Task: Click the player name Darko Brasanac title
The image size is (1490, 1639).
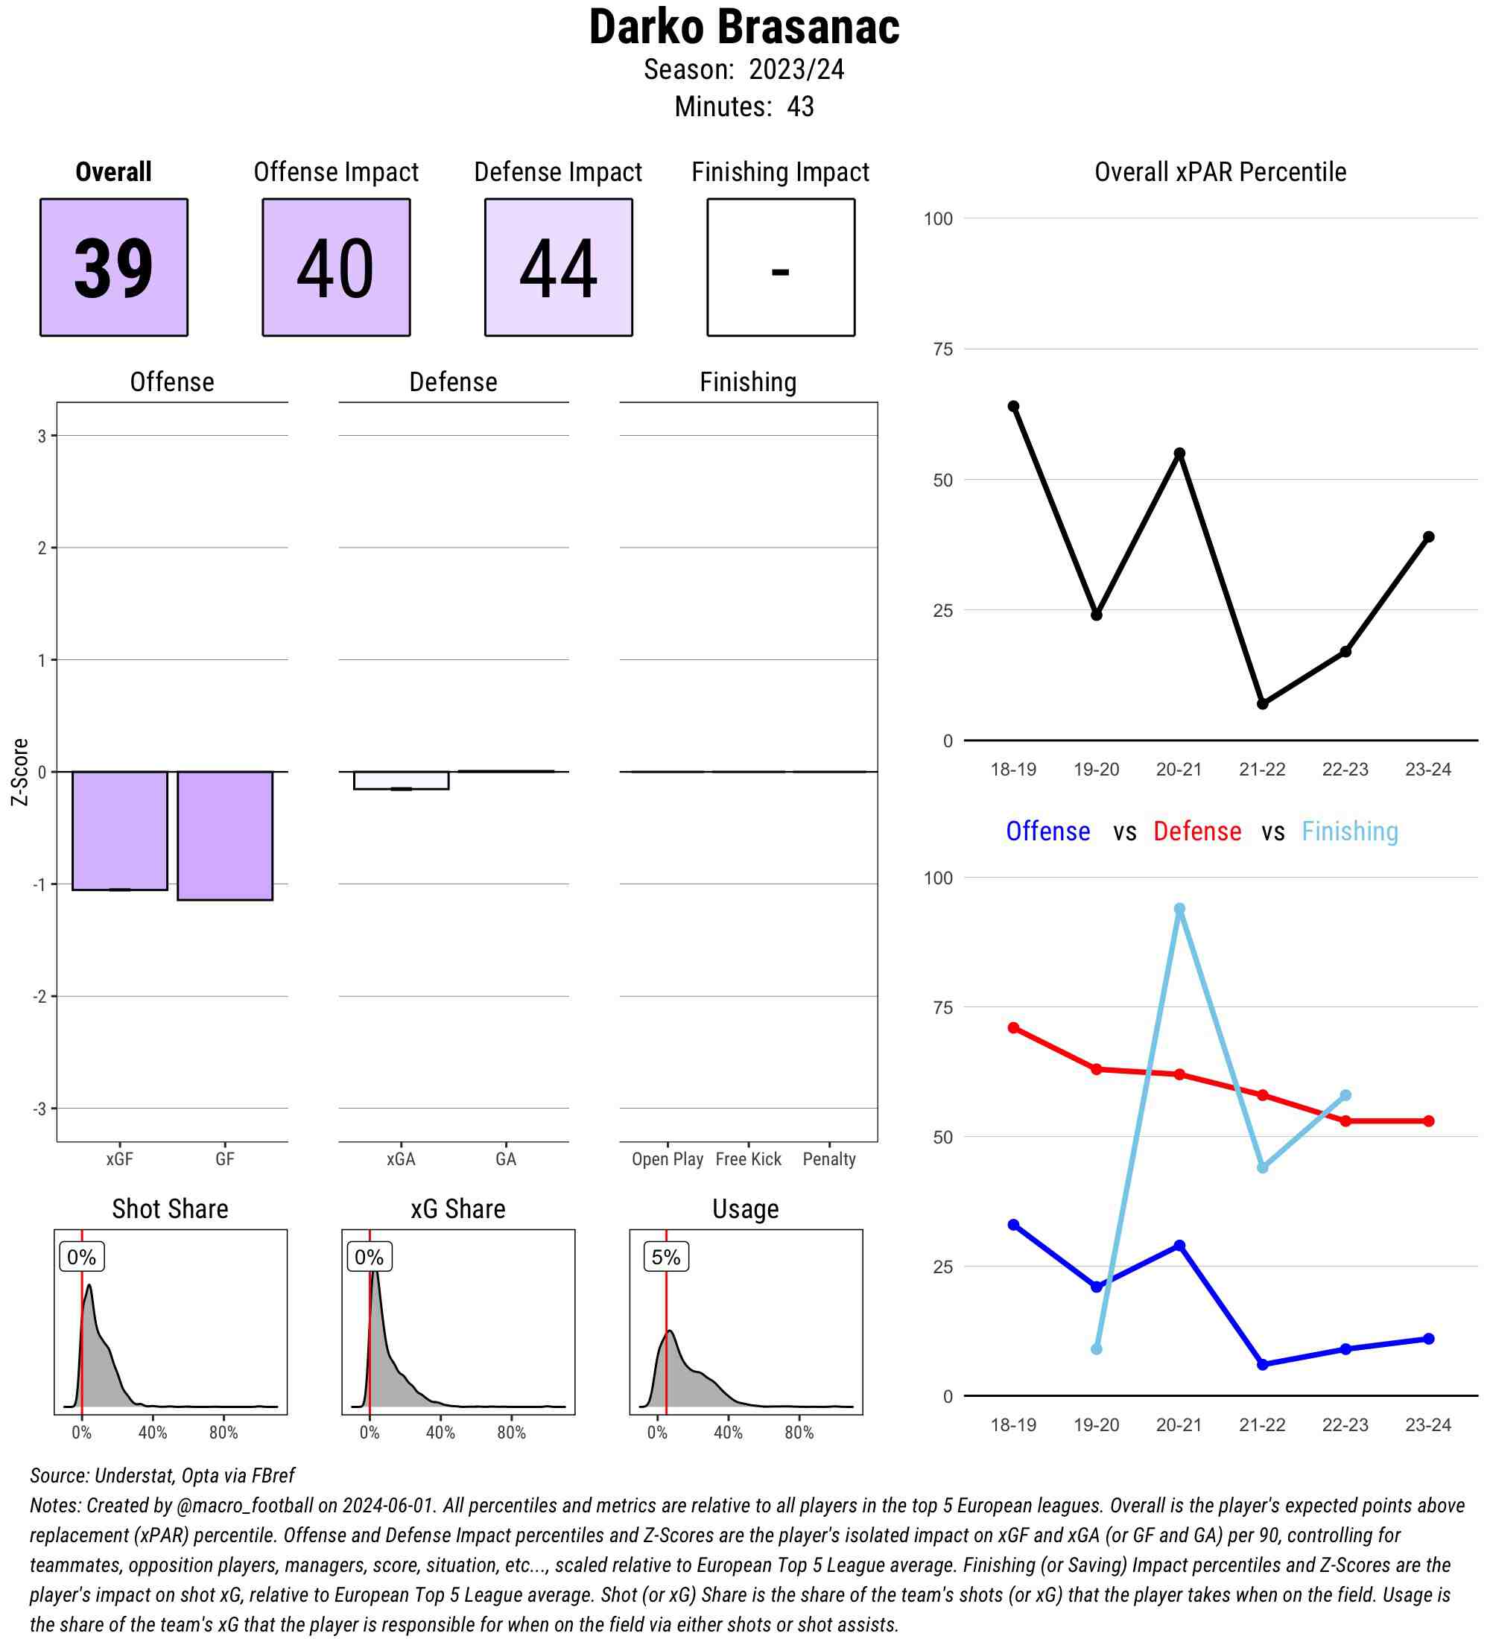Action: coord(744,28)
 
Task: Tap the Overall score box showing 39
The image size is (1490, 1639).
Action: coord(114,267)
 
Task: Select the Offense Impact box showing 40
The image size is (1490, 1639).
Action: coord(336,267)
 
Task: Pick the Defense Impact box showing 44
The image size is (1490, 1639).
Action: coord(559,267)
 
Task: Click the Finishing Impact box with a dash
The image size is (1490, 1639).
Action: coord(780,267)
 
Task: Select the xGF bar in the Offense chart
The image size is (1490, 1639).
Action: coord(119,830)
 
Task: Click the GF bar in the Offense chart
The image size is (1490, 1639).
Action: coord(224,835)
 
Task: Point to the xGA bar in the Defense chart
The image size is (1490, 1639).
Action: coord(401,780)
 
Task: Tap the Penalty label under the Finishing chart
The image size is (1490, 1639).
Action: coord(829,1159)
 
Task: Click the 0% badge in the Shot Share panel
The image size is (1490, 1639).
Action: coord(81,1257)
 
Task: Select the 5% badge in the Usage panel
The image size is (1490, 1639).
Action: coord(666,1257)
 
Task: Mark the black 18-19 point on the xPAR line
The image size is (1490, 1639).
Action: coord(1014,407)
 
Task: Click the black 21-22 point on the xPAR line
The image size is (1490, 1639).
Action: coord(1262,703)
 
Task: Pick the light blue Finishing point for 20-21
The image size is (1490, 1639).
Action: coord(1179,909)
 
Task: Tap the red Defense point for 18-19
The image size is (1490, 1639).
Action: coord(1014,1027)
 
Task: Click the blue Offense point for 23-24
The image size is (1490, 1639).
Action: coord(1429,1339)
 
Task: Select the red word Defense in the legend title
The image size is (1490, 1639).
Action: coord(1197,831)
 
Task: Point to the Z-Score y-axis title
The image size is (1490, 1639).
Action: coord(19,772)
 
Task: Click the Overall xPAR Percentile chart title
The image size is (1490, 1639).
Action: coord(1220,172)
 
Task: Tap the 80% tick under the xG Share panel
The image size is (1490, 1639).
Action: coord(511,1455)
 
